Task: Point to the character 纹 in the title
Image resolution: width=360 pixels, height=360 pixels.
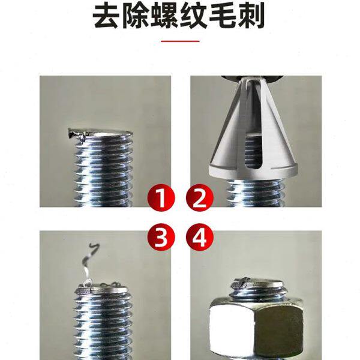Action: pos(195,17)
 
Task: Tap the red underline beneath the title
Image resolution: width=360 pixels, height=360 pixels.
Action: pos(180,42)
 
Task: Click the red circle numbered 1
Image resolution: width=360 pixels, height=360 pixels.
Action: pos(160,197)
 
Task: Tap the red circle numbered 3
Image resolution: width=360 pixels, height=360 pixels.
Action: pos(160,237)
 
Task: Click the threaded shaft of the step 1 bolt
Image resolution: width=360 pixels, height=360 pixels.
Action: pos(102,174)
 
